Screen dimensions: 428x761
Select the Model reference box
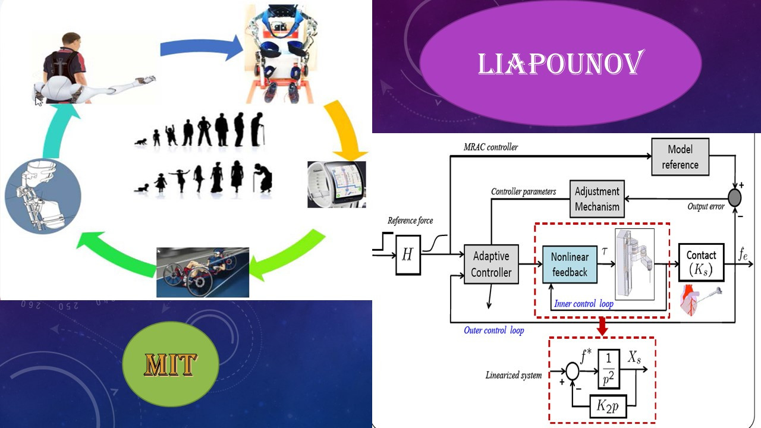(680, 157)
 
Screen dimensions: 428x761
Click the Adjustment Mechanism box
(597, 199)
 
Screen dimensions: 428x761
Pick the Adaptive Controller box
(491, 265)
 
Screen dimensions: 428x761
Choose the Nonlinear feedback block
(569, 265)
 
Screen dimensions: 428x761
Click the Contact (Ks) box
(701, 263)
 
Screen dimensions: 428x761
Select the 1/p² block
(609, 369)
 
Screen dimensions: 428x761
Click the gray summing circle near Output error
(735, 195)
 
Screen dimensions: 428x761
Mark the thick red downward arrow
(602, 326)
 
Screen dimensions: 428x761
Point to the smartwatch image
(336, 184)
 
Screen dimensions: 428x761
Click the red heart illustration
(691, 300)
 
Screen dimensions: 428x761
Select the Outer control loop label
(493, 330)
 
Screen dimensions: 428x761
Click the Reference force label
(410, 221)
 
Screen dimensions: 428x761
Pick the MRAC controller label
(490, 147)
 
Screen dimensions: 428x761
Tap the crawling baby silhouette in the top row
(143, 142)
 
